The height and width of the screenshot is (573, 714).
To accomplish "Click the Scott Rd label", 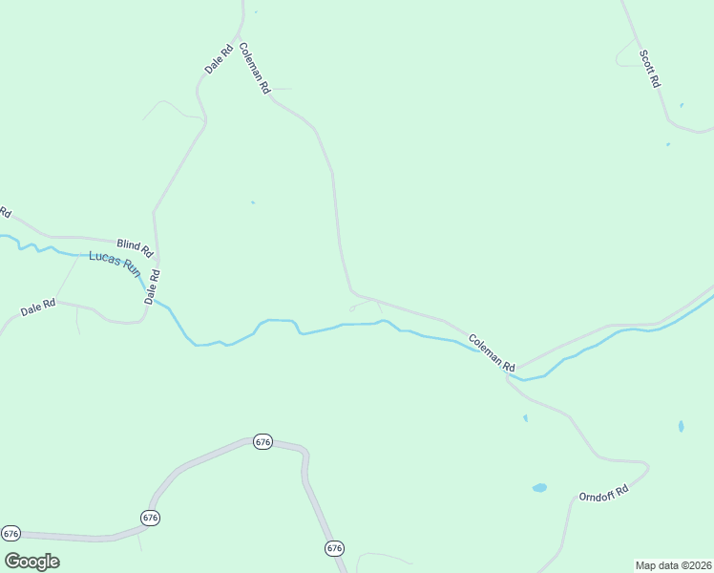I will [x=650, y=67].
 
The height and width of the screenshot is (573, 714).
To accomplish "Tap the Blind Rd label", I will [x=135, y=247].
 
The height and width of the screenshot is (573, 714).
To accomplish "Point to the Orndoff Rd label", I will [x=604, y=494].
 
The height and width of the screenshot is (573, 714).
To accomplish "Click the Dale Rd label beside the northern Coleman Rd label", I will [x=219, y=60].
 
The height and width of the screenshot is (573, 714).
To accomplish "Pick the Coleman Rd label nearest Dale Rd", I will [x=255, y=68].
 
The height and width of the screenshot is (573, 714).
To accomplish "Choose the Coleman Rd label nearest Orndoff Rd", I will [x=492, y=352].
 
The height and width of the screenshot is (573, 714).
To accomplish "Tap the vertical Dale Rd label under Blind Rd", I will [x=153, y=286].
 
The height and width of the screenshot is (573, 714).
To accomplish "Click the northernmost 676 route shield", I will [x=263, y=442].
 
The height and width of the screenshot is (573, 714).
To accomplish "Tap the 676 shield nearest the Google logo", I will [x=10, y=533].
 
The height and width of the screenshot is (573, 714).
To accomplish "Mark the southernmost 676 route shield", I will [x=333, y=548].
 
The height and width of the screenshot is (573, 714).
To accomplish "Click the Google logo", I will [x=31, y=561].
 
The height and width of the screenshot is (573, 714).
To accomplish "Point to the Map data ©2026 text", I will [x=673, y=565].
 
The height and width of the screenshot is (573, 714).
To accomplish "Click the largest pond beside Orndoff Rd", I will [x=539, y=488].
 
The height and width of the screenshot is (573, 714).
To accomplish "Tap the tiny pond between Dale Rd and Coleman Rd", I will [x=252, y=202].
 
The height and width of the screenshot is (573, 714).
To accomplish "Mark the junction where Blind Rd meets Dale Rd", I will [x=156, y=259].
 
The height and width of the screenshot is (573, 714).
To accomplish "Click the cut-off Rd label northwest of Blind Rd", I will [x=5, y=212].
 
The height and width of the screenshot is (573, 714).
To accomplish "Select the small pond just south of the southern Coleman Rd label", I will [x=525, y=417].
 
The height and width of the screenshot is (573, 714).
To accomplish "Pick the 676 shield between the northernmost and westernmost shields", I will [x=150, y=518].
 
